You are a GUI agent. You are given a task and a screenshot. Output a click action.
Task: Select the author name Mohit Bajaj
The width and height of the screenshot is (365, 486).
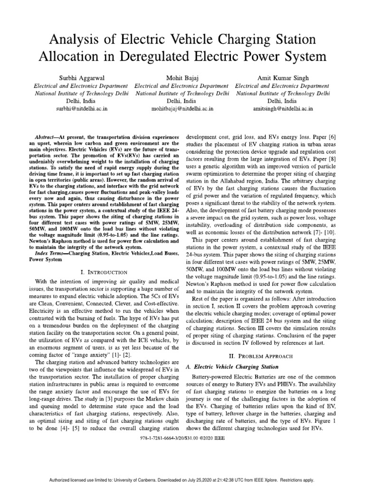182,77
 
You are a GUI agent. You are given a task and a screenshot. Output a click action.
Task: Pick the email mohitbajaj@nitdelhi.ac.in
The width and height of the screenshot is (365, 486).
182,108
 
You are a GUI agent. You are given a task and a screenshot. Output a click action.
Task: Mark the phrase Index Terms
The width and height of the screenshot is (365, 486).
51,254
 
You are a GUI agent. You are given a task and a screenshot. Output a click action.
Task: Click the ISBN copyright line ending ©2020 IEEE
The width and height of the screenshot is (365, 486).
182,438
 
